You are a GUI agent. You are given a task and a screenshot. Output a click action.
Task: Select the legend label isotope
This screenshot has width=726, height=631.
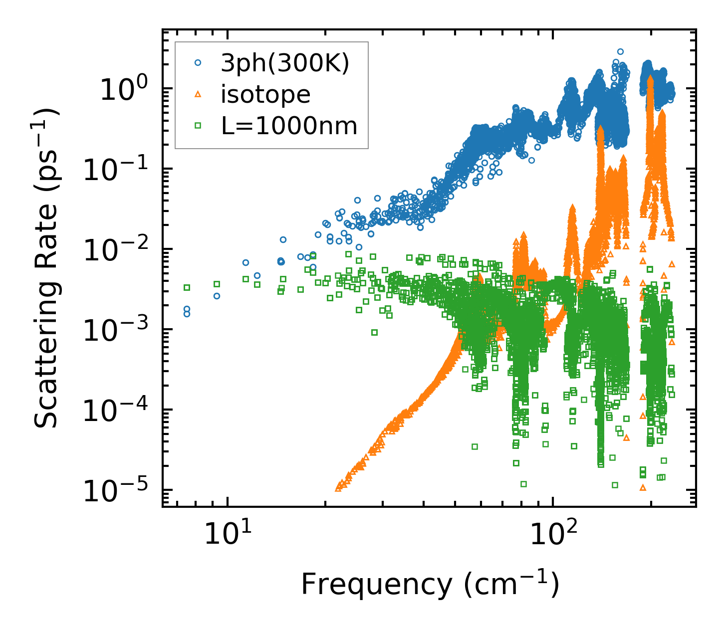click(266, 94)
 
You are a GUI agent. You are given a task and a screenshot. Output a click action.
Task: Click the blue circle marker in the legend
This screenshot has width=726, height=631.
click(198, 63)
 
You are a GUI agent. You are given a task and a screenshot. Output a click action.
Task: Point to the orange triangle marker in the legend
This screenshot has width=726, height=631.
click(198, 94)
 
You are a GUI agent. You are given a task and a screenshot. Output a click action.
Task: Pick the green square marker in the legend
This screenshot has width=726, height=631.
click(198, 126)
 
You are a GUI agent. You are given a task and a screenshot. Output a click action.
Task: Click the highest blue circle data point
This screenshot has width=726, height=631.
click(620, 51)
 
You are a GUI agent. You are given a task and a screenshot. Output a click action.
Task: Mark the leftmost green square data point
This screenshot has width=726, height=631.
click(187, 287)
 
